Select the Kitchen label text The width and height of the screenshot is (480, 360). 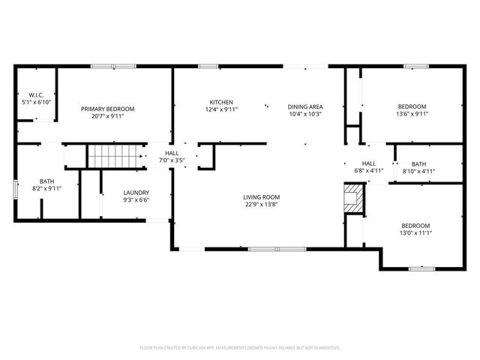click(221, 102)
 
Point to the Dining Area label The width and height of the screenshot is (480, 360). click(304, 106)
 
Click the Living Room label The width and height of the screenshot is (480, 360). click(260, 198)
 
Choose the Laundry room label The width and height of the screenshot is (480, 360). click(136, 192)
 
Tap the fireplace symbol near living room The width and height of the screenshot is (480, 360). click(351, 198)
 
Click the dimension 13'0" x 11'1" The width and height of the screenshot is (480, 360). click(415, 234)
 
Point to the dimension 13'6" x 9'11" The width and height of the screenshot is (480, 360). click(412, 114)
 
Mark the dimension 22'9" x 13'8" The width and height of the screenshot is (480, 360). click(260, 205)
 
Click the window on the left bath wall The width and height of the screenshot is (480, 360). click(15, 188)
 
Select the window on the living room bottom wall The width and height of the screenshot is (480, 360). click(275, 248)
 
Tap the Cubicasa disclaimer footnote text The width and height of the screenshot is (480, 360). click(240, 347)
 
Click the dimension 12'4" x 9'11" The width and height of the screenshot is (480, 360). click(221, 110)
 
